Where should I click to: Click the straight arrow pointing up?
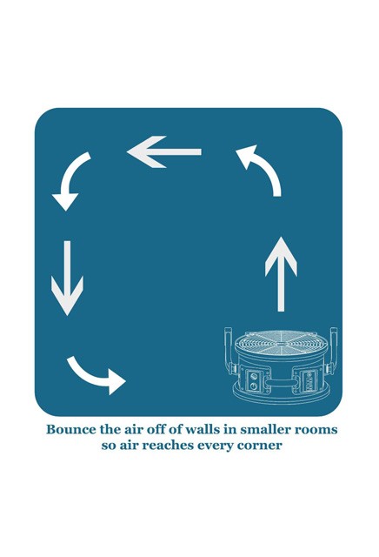281,274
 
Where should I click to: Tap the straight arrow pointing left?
164,151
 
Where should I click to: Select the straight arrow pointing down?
67,278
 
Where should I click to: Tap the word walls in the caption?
202,429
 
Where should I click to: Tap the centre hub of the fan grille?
280,344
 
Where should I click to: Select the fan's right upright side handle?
333,351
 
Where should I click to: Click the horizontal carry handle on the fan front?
281,383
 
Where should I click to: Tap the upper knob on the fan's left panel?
253,376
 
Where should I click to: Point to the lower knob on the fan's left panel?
254,386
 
